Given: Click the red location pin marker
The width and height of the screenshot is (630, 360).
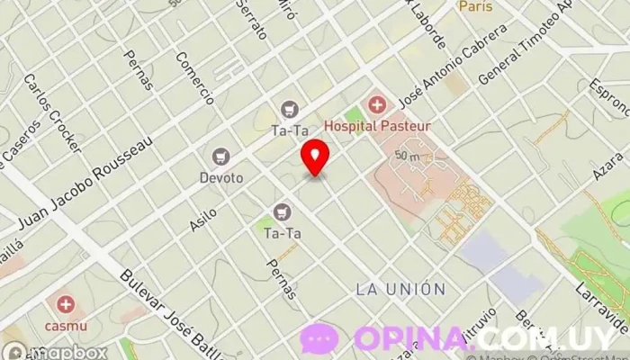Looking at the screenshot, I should click(315, 157).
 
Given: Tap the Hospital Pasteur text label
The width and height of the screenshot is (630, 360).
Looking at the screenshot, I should click(377, 127).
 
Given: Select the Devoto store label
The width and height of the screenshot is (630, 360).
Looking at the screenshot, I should click(221, 177).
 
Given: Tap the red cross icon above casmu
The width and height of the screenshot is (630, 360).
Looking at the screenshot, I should click(65, 305).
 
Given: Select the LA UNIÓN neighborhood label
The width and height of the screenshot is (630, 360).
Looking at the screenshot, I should click(400, 289).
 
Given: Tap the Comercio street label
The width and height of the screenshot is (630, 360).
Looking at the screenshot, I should click(195, 78).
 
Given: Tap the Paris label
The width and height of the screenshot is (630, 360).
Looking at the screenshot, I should click(476, 6).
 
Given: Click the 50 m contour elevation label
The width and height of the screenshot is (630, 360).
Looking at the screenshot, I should click(408, 156).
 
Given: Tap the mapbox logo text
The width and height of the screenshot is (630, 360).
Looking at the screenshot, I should click(67, 352).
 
